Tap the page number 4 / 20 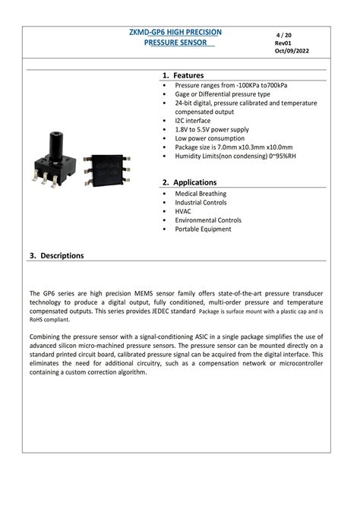[x=283, y=35]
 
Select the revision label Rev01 [x=283, y=43]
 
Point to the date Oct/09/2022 [x=292, y=51]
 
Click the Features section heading [x=187, y=76]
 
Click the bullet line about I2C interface [x=193, y=120]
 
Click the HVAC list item [x=183, y=211]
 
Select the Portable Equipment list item [x=203, y=229]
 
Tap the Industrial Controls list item [x=201, y=203]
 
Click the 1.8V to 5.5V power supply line [x=212, y=129]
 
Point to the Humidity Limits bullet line [x=235, y=156]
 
